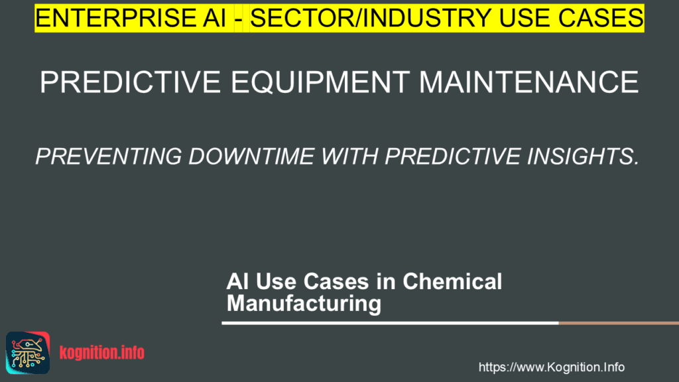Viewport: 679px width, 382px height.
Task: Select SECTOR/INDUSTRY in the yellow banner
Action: [x=370, y=18]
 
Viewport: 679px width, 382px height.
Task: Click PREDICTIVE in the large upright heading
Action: [x=130, y=82]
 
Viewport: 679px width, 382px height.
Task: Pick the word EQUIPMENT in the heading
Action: [x=320, y=82]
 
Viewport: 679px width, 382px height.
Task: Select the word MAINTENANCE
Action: [x=528, y=82]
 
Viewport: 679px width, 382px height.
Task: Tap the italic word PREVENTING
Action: [x=109, y=157]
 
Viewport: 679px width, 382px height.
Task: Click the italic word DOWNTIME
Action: [x=251, y=157]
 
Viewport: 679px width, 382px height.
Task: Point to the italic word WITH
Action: [x=349, y=157]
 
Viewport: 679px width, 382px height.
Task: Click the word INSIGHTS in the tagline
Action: [x=583, y=157]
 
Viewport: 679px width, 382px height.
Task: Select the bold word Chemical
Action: [x=452, y=281]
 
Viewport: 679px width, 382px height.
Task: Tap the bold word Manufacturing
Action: [x=304, y=303]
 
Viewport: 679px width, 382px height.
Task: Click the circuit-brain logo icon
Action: [x=28, y=353]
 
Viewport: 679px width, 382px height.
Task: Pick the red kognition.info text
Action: [x=101, y=353]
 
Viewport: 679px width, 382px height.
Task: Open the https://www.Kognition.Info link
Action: [x=551, y=367]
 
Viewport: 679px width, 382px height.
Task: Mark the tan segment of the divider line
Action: [x=619, y=323]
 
